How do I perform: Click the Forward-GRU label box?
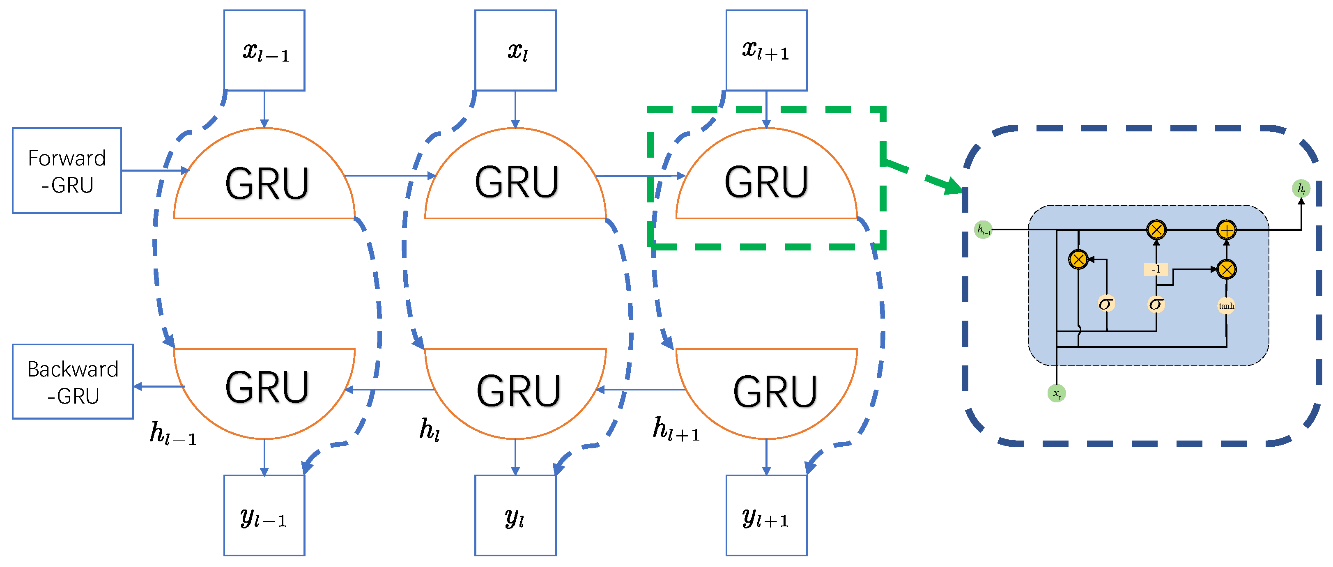point(67,170)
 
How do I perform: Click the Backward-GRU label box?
point(72,381)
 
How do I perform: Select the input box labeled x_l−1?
point(264,50)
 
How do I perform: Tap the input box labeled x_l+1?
point(766,50)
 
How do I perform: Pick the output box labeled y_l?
point(515,515)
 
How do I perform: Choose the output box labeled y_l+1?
point(766,515)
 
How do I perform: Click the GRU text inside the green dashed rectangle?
point(766,182)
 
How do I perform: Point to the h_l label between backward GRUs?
point(430,429)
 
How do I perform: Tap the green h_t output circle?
point(1301,188)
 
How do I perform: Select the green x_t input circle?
point(1056,393)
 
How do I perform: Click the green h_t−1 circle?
point(983,230)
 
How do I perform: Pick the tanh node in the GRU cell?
point(1226,306)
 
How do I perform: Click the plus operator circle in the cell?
point(1226,230)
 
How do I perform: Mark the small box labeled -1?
point(1156,269)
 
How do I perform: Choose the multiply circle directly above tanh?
point(1226,269)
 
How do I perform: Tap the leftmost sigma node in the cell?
point(1106,304)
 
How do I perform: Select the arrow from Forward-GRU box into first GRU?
point(155,170)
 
